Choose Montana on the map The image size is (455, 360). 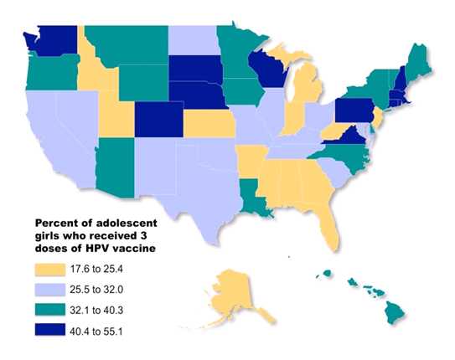coord(126,42)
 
